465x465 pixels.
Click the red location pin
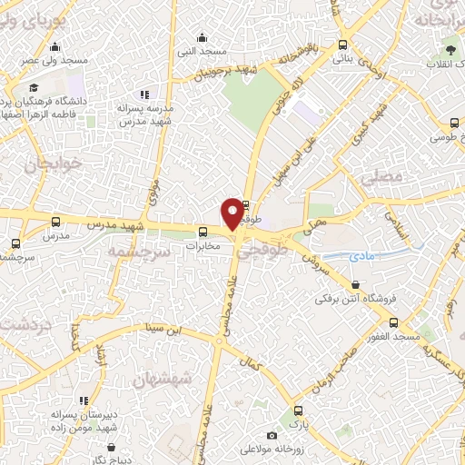[x=232, y=213]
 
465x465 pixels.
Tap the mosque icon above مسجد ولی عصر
[x=55, y=47]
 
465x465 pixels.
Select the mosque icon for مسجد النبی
[x=201, y=38]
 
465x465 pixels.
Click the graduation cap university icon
[x=34, y=88]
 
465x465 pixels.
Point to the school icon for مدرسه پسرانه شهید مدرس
[x=143, y=94]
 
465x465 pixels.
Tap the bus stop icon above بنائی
[x=342, y=45]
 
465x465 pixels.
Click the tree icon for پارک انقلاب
[x=448, y=49]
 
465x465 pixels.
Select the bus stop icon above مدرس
[x=56, y=222]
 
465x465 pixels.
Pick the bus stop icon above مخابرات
[x=203, y=231]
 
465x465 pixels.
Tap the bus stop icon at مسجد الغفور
[x=393, y=322]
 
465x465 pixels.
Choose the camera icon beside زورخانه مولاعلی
[x=272, y=436]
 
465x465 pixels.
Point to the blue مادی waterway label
[x=361, y=257]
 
